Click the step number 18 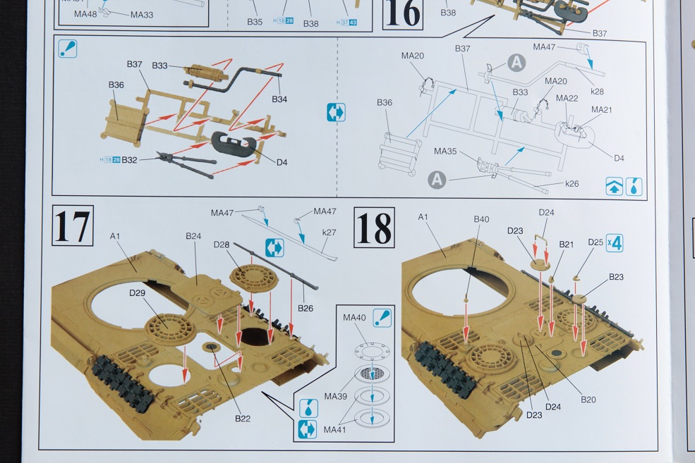(x=374, y=228)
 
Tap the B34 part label (x=279, y=99)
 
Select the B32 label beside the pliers (x=129, y=160)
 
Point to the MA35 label (x=445, y=151)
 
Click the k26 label (x=572, y=184)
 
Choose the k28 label (x=597, y=92)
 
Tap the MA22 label (x=567, y=98)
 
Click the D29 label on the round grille (x=138, y=292)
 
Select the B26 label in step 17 (x=305, y=308)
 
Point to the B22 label (x=243, y=419)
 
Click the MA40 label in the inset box (x=353, y=318)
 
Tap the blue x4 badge (x=614, y=244)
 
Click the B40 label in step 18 (x=481, y=219)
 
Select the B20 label (x=588, y=400)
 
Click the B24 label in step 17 (x=194, y=236)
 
